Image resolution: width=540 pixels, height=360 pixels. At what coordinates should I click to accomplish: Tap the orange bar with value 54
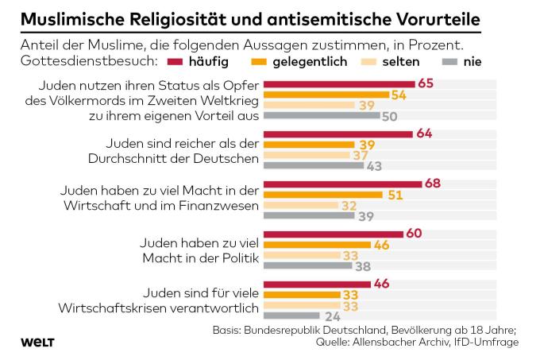point(326,94)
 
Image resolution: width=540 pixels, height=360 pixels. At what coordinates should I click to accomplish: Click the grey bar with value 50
point(321,115)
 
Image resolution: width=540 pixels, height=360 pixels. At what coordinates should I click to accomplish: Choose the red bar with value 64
point(338,134)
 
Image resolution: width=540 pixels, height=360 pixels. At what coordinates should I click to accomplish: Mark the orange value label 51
point(395,195)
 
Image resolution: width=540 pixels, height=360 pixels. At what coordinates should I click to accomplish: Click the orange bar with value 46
point(316,246)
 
